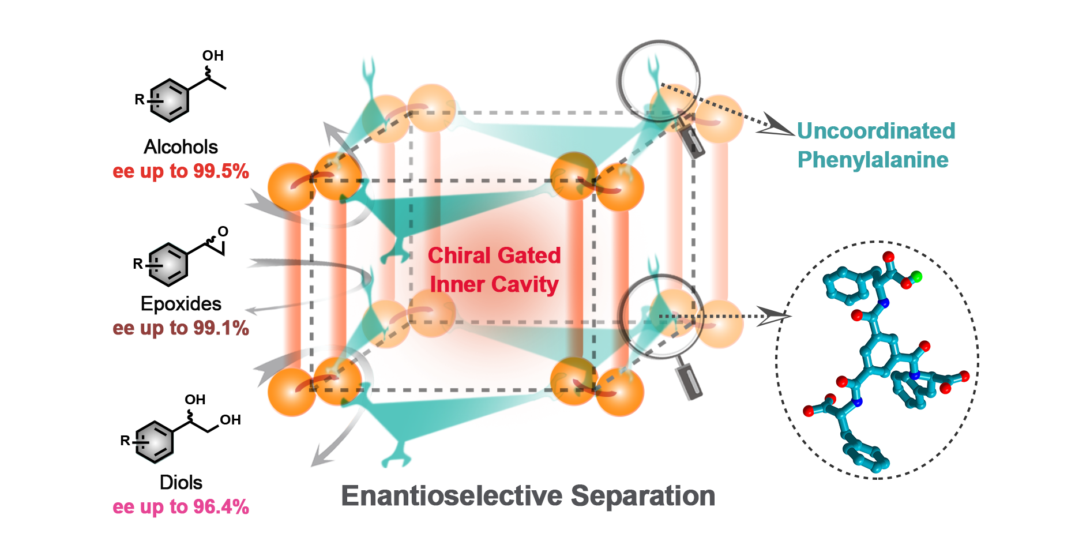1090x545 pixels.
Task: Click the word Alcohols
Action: (181, 147)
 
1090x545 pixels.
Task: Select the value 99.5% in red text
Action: (221, 171)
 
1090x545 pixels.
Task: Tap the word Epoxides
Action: (181, 304)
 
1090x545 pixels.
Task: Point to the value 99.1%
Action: (221, 328)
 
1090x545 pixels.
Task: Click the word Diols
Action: (181, 483)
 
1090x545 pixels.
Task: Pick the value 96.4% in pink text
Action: (221, 507)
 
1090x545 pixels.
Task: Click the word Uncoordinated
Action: (875, 131)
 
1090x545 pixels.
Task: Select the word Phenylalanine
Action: (873, 160)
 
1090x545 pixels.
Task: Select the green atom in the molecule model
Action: (917, 277)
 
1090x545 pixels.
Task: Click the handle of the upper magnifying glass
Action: (691, 142)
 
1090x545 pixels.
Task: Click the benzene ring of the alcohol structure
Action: (169, 100)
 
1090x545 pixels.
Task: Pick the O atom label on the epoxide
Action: (223, 232)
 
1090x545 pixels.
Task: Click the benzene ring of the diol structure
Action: (154, 442)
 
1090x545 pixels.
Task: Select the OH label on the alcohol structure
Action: (212, 56)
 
